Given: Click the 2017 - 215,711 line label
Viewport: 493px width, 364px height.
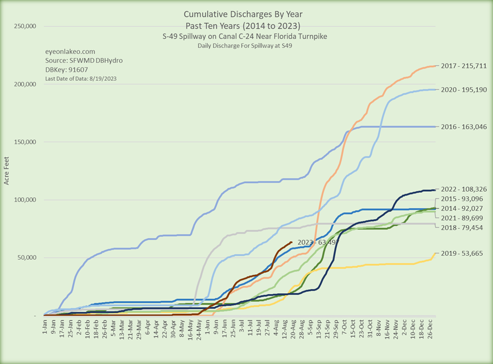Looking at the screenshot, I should (463, 66).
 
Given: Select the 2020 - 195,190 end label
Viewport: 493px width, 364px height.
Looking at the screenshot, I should (463, 90).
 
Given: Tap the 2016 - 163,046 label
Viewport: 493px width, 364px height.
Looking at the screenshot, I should (463, 127).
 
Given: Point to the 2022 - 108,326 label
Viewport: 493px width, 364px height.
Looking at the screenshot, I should (463, 190).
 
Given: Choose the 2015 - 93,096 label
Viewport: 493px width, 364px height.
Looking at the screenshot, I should (463, 199).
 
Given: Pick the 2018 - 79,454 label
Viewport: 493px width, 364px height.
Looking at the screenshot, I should (463, 227).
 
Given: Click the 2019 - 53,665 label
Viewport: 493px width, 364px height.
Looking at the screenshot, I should (463, 254).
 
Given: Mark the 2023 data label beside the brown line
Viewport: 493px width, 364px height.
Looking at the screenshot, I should (315, 242).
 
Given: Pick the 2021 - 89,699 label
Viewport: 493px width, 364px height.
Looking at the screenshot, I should (463, 218).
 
